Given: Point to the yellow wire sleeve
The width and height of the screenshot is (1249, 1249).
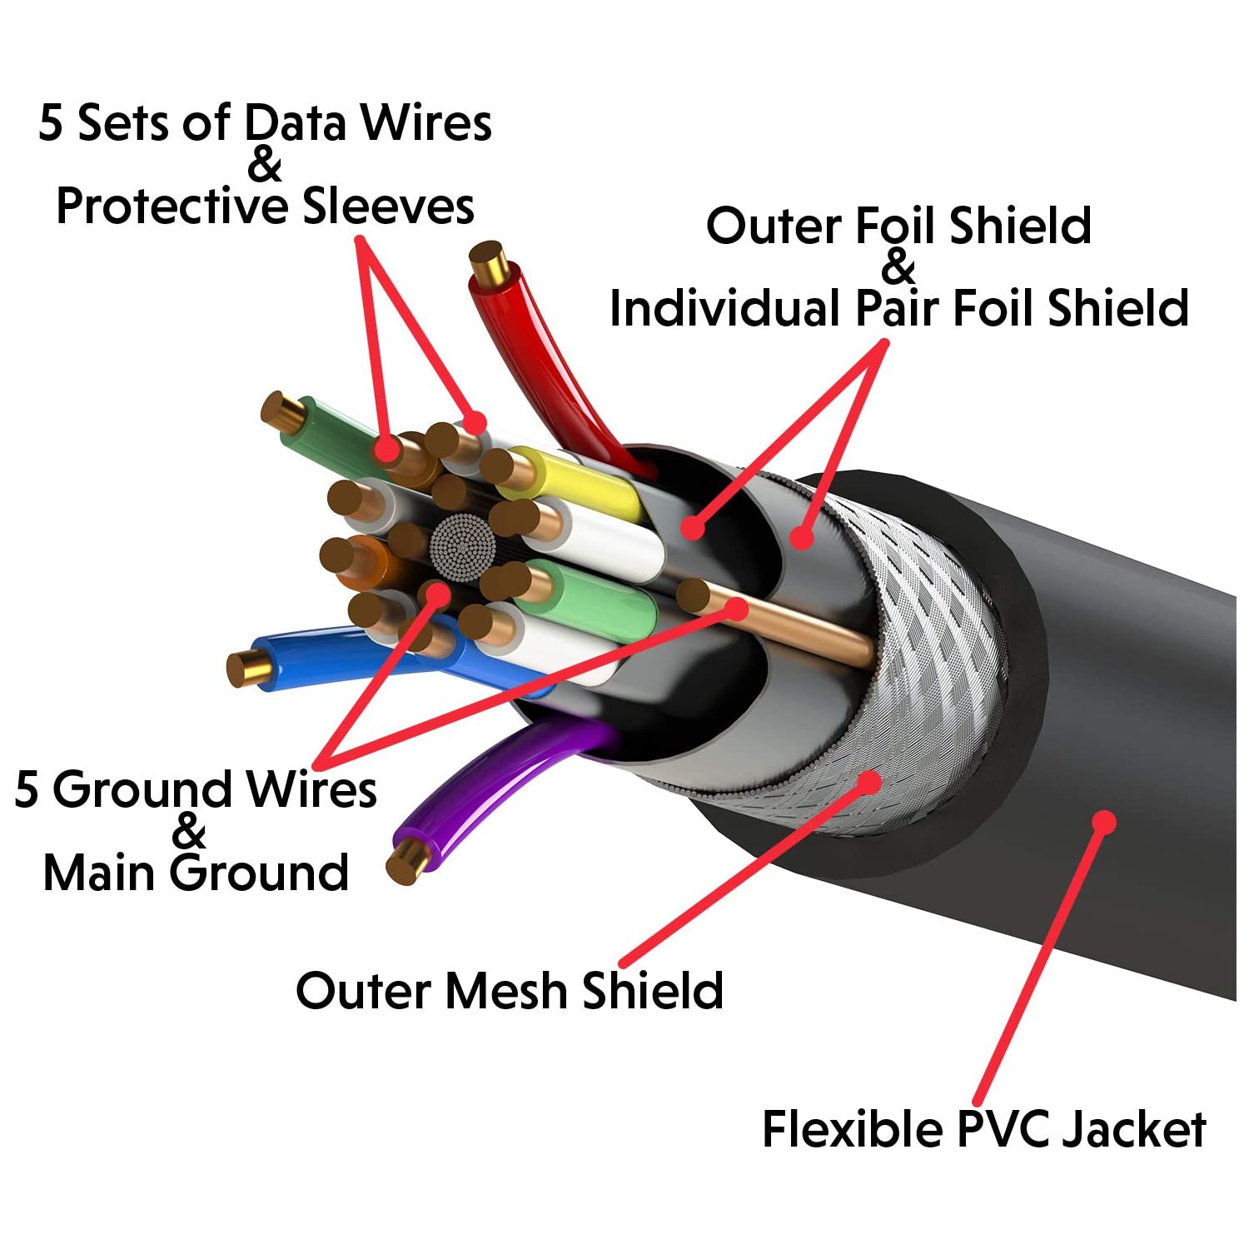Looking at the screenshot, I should click(583, 483).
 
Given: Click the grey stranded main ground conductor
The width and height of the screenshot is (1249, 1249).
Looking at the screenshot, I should click(463, 547).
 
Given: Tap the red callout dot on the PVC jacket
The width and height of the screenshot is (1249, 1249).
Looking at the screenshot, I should click(1103, 822).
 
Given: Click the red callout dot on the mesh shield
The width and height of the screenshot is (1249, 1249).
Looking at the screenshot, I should click(868, 781).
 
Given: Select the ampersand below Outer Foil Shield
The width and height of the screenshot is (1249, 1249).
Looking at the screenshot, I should click(898, 267).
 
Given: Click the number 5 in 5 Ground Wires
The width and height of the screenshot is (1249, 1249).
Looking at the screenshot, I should click(27, 789).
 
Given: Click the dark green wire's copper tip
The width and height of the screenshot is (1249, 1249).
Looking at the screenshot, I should click(281, 410).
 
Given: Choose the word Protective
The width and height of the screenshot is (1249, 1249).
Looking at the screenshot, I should click(172, 207).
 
